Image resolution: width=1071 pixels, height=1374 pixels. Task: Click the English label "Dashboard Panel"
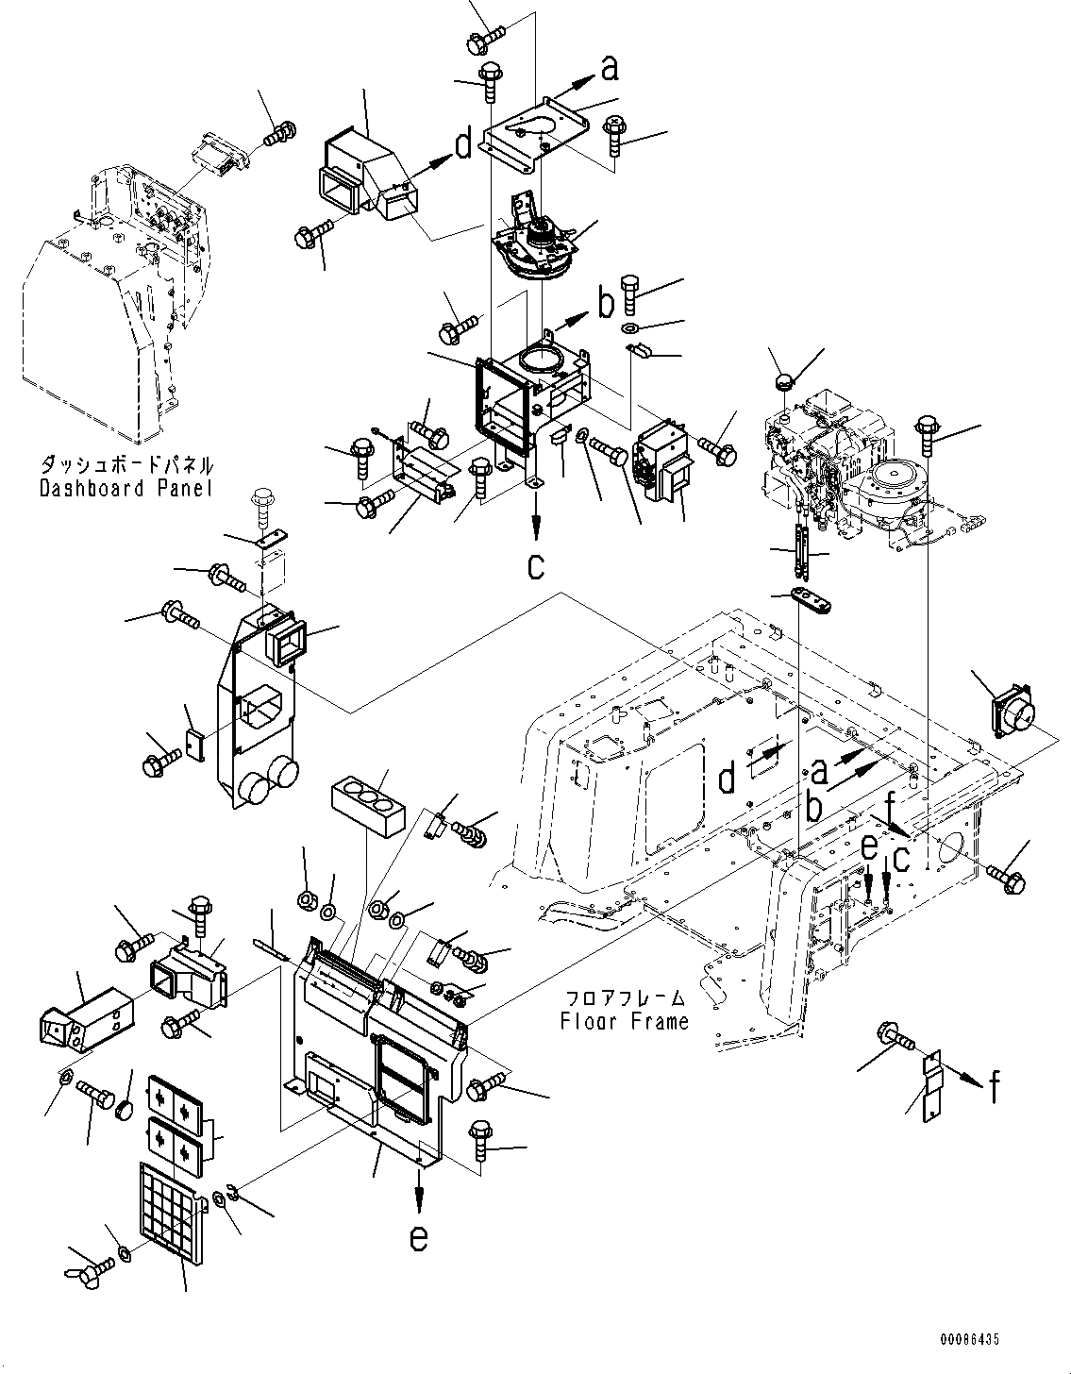pyautogui.click(x=126, y=488)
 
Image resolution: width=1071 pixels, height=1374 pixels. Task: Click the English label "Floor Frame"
pyautogui.click(x=625, y=1020)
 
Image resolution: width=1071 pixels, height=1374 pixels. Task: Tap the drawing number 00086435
pyautogui.click(x=968, y=1339)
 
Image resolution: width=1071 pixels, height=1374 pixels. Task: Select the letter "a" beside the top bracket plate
pyautogui.click(x=611, y=67)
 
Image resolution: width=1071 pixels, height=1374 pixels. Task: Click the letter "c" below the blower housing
pyautogui.click(x=536, y=565)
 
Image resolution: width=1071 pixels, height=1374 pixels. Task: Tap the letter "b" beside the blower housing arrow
pyautogui.click(x=605, y=304)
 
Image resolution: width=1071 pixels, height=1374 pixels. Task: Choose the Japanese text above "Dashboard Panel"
pyautogui.click(x=126, y=465)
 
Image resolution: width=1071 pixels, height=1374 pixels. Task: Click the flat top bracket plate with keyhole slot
pyautogui.click(x=534, y=132)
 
